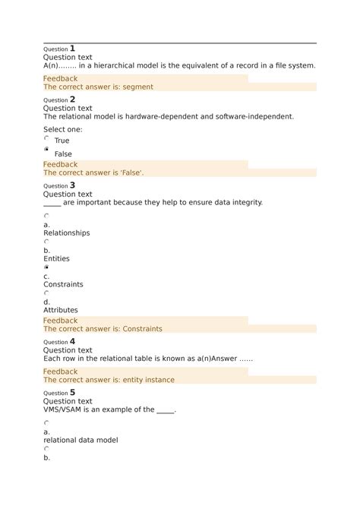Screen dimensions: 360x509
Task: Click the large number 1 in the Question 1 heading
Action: click(72, 49)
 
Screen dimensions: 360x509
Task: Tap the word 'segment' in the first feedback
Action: click(137, 87)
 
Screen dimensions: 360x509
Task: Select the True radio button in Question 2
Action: click(47, 139)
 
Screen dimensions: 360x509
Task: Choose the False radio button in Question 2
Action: click(47, 151)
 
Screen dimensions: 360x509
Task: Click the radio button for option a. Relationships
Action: click(47, 216)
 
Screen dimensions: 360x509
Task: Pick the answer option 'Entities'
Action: click(56, 259)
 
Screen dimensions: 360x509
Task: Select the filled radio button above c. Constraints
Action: click(47, 267)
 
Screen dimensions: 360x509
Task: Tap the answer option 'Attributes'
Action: click(60, 311)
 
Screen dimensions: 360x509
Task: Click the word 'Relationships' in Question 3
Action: click(66, 233)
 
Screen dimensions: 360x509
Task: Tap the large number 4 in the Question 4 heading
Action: click(72, 342)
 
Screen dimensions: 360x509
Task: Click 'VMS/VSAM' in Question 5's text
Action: click(65, 410)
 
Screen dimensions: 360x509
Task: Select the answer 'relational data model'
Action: click(81, 441)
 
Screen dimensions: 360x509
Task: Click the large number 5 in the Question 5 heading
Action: click(72, 393)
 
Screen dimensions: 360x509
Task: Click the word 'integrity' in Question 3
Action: click(245, 203)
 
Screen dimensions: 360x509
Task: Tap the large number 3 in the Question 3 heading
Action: click(72, 185)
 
